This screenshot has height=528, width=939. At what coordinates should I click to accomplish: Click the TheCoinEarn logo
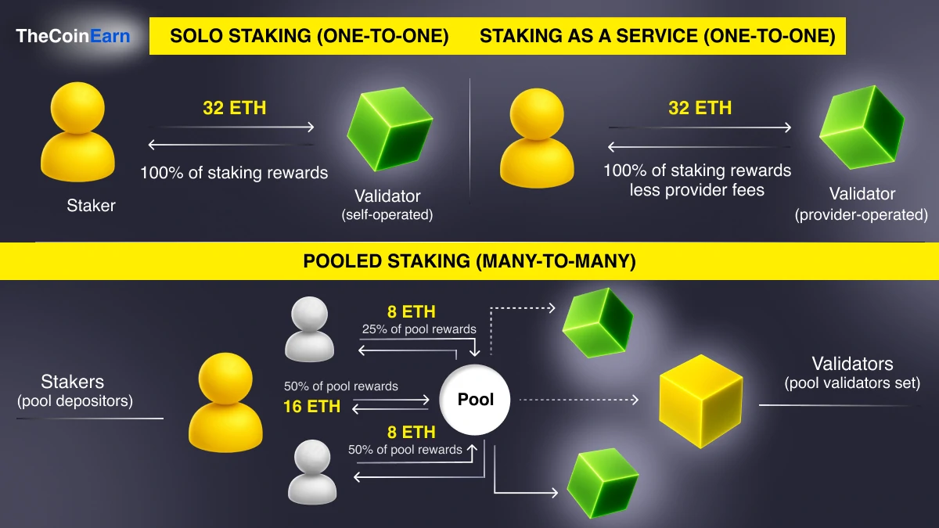74,35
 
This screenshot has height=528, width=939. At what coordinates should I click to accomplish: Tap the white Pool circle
476,400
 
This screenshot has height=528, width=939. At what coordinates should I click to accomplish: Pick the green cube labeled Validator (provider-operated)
862,128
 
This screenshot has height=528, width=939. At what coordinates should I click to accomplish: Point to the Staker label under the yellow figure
91,206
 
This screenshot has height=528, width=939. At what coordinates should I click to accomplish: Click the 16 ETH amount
311,406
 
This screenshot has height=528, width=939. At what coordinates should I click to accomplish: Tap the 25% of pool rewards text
419,329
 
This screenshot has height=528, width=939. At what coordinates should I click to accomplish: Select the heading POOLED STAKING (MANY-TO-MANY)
469,261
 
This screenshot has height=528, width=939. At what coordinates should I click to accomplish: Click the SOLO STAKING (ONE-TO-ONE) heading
309,36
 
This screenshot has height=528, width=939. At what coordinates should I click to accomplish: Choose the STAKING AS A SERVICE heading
657,36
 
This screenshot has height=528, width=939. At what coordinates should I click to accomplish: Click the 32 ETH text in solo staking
234,108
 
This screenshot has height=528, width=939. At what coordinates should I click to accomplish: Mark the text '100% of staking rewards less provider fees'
697,180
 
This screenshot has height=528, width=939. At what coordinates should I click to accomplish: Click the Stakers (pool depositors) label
74,391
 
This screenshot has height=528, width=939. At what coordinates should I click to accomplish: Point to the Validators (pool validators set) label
852,372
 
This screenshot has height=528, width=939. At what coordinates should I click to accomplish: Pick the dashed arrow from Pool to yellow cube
579,400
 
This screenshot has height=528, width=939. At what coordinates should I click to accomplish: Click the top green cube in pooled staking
598,321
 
